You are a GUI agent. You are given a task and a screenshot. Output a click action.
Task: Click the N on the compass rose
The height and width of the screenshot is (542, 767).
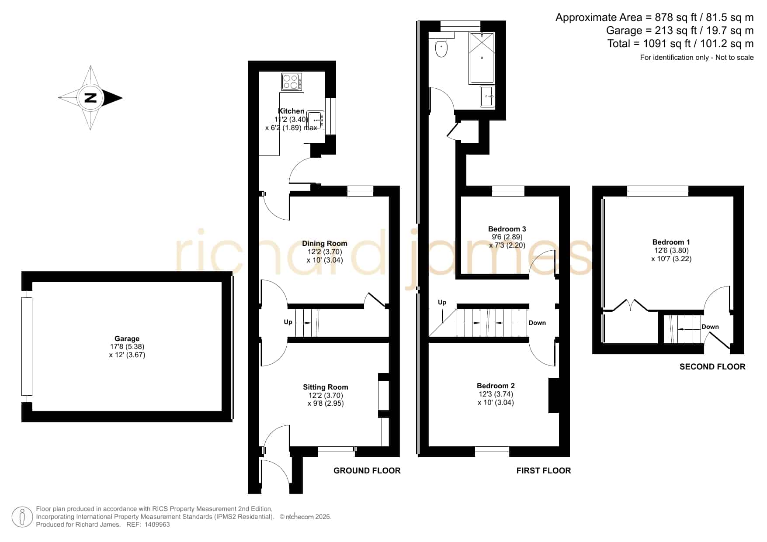point(90,98)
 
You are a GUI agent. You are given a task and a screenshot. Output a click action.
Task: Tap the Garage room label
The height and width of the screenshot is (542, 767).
point(127,338)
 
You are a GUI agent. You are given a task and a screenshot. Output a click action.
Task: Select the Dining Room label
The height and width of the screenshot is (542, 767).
point(325,243)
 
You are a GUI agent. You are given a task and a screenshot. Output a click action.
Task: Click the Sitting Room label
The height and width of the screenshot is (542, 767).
point(326,387)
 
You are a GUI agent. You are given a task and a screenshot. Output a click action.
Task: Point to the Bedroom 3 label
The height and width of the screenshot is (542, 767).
point(507,229)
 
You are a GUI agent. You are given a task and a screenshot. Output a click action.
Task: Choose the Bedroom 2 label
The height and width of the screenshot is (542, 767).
point(496,386)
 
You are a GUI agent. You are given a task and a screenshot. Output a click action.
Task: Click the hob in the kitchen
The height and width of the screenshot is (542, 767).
point(292,82)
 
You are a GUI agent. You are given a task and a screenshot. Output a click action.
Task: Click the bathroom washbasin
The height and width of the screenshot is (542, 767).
point(487,96)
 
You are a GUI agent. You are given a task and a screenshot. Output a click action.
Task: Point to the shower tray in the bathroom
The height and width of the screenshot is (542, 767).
point(482,58)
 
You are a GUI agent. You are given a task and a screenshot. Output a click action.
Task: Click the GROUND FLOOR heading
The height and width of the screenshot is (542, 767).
point(367,470)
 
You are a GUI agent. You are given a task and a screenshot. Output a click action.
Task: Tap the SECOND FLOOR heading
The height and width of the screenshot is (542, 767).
point(712,367)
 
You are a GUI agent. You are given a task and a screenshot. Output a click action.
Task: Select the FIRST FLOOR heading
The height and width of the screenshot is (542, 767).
point(544,470)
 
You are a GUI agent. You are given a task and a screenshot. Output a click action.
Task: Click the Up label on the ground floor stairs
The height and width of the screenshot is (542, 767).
point(288,322)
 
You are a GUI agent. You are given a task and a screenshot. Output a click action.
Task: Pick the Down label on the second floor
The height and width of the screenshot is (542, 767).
point(710,327)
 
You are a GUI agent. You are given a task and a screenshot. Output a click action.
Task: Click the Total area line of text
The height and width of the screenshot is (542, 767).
point(680,44)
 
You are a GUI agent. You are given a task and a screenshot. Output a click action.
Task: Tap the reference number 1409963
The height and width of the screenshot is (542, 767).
point(157,525)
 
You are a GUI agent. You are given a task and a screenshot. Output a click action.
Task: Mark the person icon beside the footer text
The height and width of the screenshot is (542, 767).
point(22,517)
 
